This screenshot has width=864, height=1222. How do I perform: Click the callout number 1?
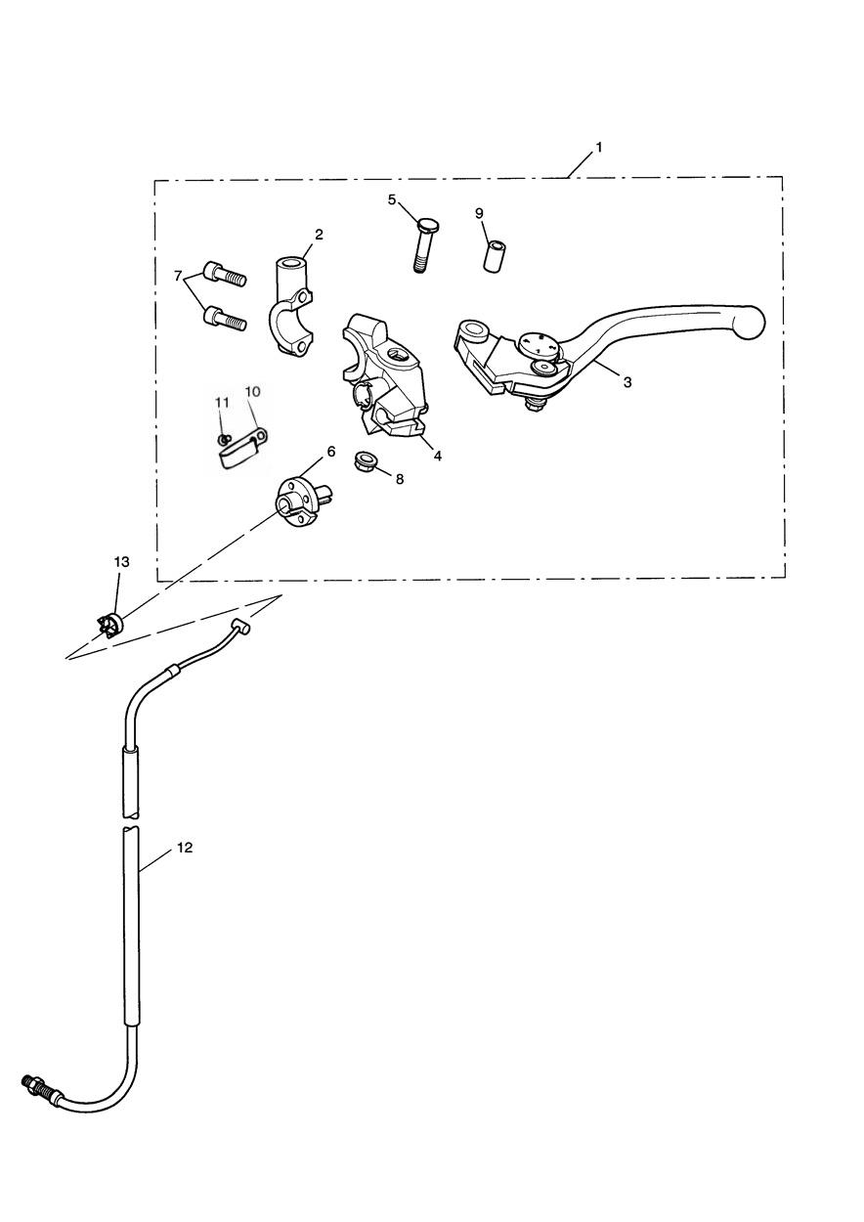click(x=598, y=148)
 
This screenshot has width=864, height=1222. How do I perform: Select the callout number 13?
click(x=122, y=562)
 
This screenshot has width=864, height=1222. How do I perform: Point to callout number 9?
click(x=479, y=213)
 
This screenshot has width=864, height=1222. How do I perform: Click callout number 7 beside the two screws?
click(x=177, y=277)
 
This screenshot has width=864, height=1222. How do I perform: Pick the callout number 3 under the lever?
click(x=627, y=382)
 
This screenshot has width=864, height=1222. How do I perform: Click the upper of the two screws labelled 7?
click(x=224, y=274)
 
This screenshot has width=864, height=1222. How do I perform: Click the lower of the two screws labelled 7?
click(x=224, y=318)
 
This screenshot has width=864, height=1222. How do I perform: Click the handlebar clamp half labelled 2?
click(x=292, y=308)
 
